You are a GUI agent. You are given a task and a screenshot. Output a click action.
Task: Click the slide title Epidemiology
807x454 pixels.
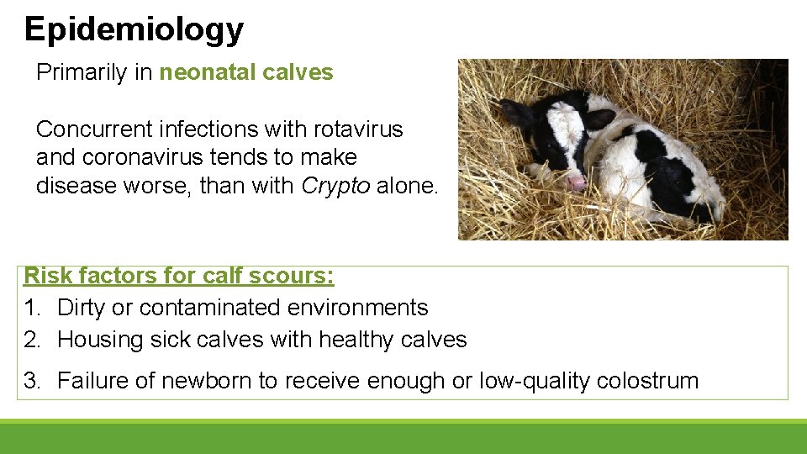(x=134, y=29)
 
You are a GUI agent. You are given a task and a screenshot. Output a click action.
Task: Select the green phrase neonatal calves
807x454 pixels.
(x=246, y=73)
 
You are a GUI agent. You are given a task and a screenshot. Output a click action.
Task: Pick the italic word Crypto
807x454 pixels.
(x=335, y=185)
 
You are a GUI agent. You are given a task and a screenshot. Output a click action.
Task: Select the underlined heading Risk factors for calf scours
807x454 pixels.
(x=179, y=276)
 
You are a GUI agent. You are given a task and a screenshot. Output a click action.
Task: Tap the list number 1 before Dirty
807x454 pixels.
(x=32, y=308)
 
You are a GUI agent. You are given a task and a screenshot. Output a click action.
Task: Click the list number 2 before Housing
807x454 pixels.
(x=32, y=340)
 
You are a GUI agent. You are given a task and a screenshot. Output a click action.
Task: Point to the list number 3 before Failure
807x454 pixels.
(x=32, y=381)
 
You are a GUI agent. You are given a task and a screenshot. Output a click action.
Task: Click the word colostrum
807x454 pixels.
(x=647, y=381)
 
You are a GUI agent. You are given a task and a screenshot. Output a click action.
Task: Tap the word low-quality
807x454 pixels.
(x=535, y=381)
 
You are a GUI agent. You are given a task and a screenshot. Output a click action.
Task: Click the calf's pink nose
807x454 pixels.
(x=576, y=182)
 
